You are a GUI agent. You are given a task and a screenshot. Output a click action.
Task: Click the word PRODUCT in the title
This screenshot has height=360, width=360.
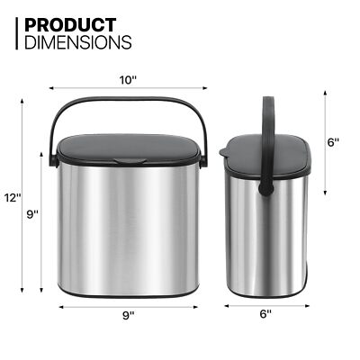click(x=69, y=24)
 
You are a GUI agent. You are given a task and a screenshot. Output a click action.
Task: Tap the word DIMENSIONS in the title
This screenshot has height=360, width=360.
click(x=78, y=41)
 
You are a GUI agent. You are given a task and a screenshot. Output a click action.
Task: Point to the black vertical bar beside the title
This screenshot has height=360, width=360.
click(x=17, y=32)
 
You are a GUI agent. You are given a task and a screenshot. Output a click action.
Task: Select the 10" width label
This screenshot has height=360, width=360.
click(x=127, y=80)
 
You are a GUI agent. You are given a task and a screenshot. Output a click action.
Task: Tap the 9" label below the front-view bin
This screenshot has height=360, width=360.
click(x=128, y=315)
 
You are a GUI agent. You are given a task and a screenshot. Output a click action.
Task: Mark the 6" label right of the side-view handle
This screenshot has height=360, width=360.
click(x=333, y=142)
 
